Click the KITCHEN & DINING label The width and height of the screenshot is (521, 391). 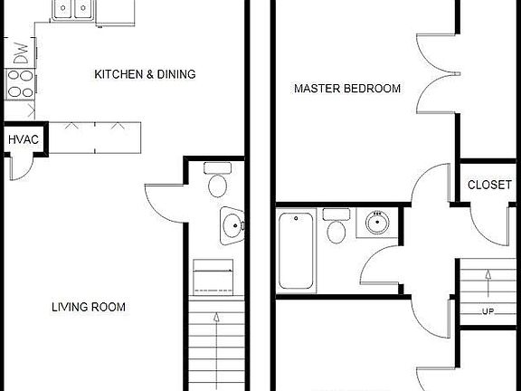(145, 74)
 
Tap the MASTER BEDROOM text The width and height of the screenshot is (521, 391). (347, 89)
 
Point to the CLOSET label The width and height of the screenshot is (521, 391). (489, 185)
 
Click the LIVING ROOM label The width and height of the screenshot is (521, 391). (88, 307)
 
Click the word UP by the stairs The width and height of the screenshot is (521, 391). (488, 311)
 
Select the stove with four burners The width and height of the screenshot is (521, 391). (17, 84)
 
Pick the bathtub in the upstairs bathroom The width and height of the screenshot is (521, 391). (297, 251)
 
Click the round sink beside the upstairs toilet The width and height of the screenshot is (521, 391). (374, 222)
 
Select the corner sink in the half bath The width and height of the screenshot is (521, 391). (232, 226)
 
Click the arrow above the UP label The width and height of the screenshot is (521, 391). (488, 283)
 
